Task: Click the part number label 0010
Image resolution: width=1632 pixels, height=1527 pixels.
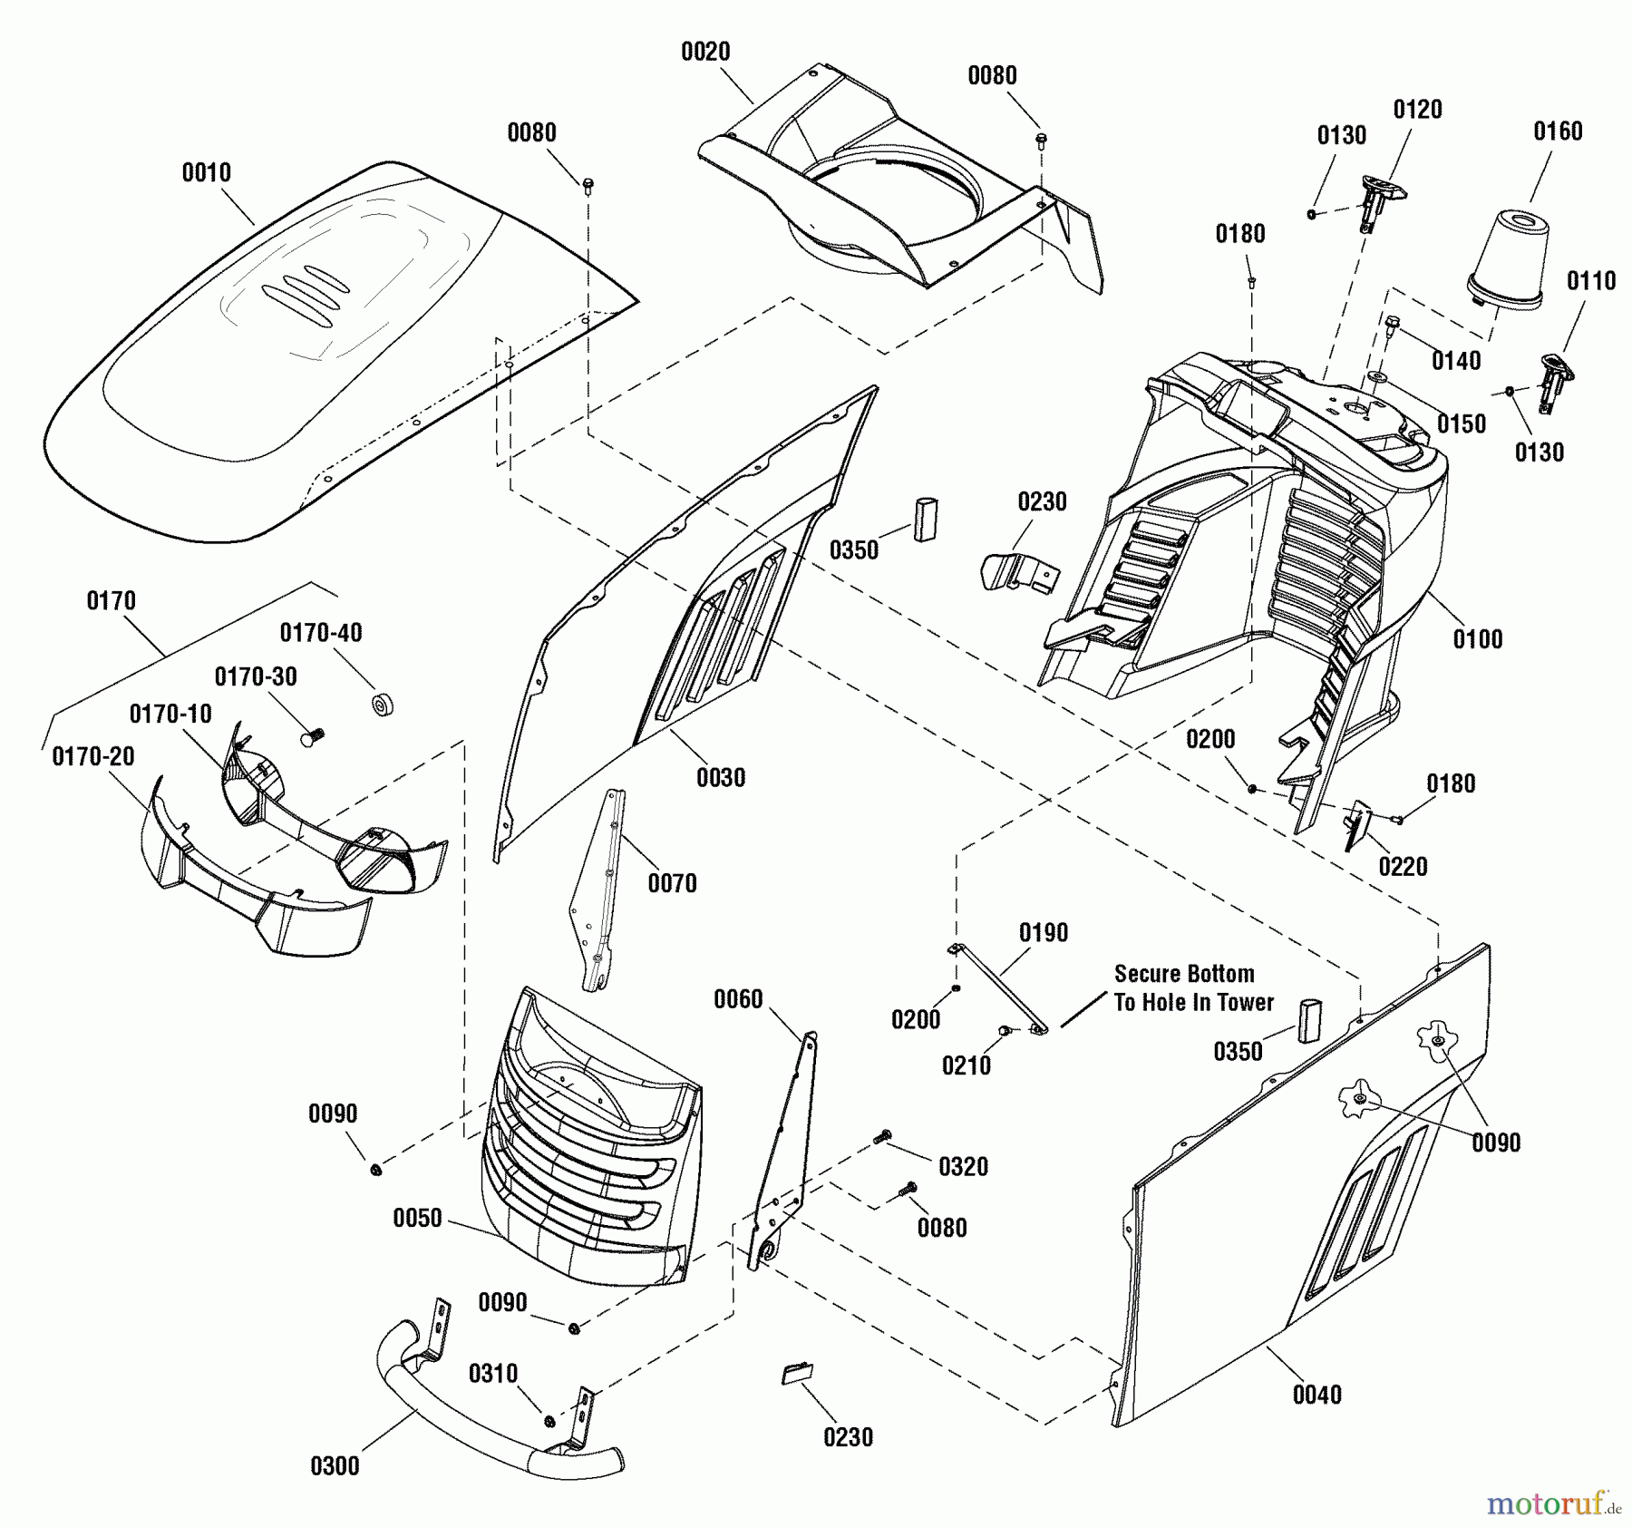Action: coord(207,172)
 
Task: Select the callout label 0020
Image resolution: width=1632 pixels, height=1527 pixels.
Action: coord(705,53)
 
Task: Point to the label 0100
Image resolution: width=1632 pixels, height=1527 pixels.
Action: coord(1478,639)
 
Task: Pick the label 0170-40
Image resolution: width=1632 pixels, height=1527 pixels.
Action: coord(321,633)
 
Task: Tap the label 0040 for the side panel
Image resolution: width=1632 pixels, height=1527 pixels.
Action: coord(1317,1395)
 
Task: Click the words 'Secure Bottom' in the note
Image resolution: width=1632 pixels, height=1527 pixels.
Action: coord(1184,974)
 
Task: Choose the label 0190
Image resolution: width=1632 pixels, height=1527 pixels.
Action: coord(1044,932)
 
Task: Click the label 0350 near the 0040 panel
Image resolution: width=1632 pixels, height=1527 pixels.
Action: coord(1238,1051)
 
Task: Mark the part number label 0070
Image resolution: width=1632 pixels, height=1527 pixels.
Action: coord(672,883)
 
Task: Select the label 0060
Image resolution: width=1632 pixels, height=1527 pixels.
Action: coord(738,999)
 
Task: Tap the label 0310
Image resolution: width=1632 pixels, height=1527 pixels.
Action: coord(493,1374)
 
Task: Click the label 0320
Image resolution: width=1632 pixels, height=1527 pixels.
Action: coord(963,1166)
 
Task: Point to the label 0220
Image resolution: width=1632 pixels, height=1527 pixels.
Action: coord(1403,867)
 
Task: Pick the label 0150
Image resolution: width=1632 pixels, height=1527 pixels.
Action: coord(1462,423)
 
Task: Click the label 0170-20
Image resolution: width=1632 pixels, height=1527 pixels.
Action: coord(93,756)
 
